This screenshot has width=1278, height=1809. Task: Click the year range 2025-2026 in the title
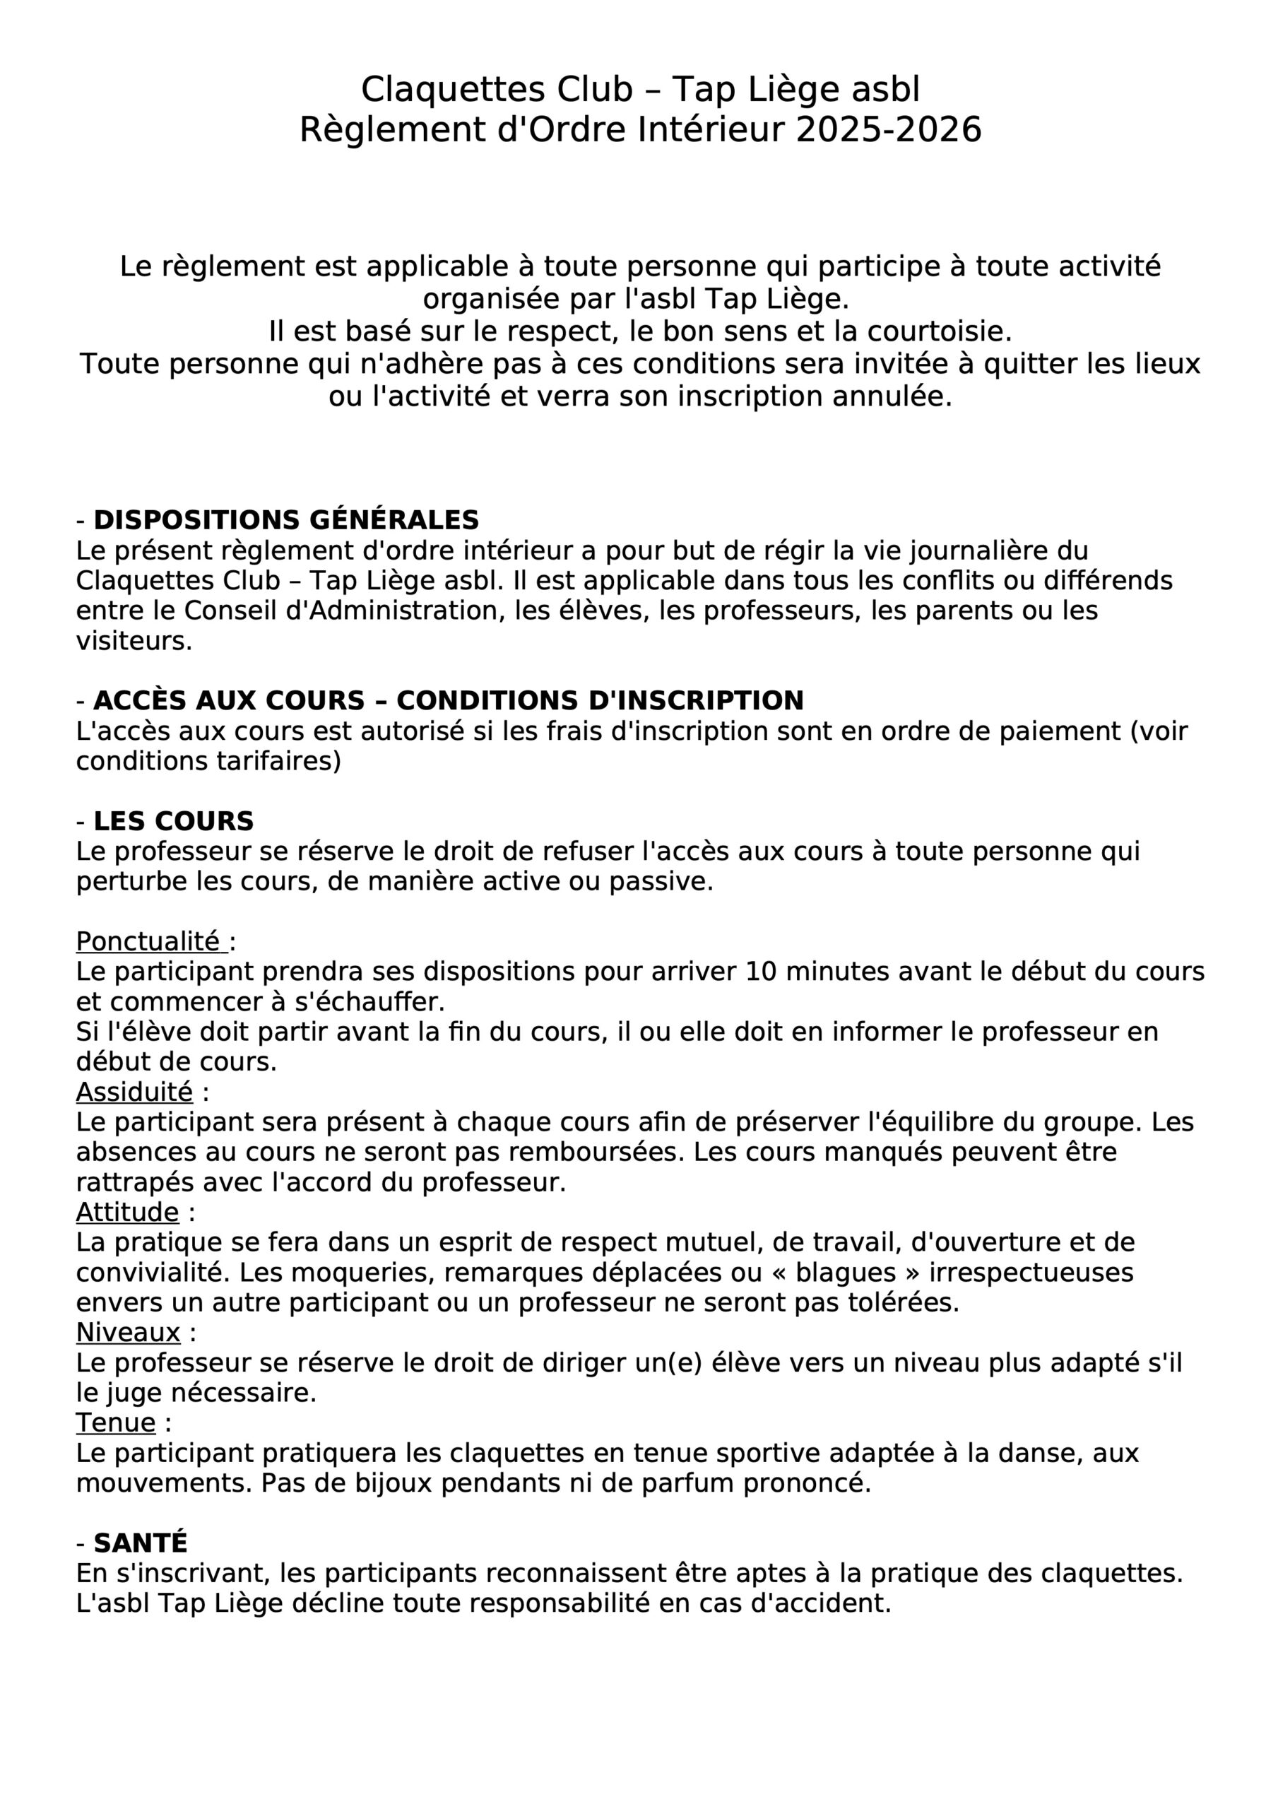889,130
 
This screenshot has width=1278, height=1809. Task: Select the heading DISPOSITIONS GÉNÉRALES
286,520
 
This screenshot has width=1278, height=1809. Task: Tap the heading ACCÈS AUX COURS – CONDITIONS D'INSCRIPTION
449,700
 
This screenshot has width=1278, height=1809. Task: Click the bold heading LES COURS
173,821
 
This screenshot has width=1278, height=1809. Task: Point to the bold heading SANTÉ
141,1542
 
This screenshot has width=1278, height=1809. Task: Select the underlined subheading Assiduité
134,1092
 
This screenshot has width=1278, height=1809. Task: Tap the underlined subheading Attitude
128,1212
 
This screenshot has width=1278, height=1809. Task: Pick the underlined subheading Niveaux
129,1332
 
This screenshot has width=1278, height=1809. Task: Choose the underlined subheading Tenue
116,1422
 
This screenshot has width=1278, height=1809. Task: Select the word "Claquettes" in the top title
452,90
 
